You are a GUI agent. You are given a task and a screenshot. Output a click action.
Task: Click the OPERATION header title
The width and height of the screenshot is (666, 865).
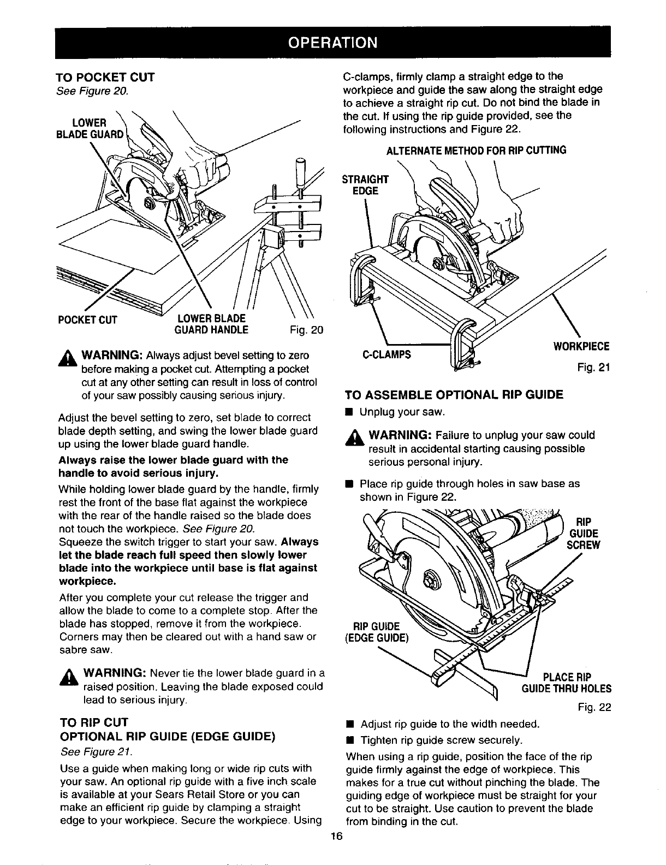point(332,42)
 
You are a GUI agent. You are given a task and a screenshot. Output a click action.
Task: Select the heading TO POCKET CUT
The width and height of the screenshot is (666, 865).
point(106,77)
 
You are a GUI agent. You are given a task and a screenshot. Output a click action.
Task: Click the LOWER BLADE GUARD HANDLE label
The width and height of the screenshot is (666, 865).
point(211,324)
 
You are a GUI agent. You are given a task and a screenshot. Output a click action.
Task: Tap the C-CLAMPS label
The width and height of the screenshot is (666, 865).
point(386,354)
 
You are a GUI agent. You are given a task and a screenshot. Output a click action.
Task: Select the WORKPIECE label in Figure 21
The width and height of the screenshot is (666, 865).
point(581,346)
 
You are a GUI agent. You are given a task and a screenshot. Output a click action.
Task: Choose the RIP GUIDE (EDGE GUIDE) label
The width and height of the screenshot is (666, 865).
point(380,631)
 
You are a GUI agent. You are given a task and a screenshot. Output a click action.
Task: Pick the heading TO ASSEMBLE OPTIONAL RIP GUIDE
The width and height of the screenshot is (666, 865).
point(453,395)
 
